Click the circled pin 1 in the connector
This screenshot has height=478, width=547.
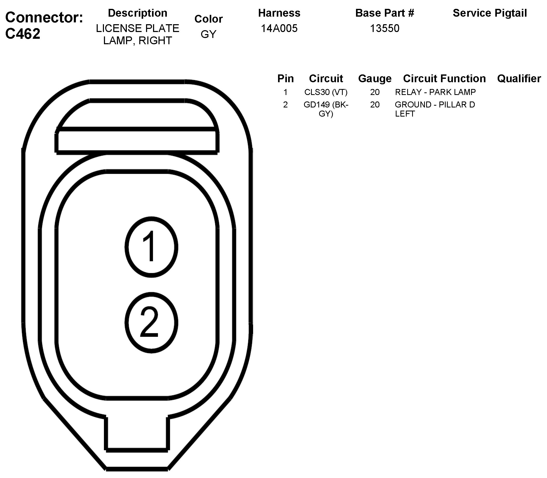(151, 247)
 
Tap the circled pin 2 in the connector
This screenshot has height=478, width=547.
(151, 322)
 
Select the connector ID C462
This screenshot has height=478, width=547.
(23, 34)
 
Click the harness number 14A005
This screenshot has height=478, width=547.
(279, 28)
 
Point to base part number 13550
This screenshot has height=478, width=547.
(385, 28)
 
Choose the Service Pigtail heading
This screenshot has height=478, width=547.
(490, 13)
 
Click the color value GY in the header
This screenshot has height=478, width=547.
(208, 34)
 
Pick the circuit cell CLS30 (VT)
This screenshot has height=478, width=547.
(326, 92)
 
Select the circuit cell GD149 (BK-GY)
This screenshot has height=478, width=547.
(326, 109)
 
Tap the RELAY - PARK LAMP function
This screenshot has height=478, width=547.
(435, 92)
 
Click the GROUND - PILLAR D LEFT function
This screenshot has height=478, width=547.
(435, 109)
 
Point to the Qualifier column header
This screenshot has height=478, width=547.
(519, 79)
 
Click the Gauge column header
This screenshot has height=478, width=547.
(375, 79)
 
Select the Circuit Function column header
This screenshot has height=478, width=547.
(444, 79)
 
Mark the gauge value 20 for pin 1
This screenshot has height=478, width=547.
(375, 92)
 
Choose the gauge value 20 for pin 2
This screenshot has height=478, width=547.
(375, 105)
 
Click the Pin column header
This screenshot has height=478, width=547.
(286, 79)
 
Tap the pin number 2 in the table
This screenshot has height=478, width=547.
(286, 105)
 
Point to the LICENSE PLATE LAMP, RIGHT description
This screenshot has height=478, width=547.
(137, 34)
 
